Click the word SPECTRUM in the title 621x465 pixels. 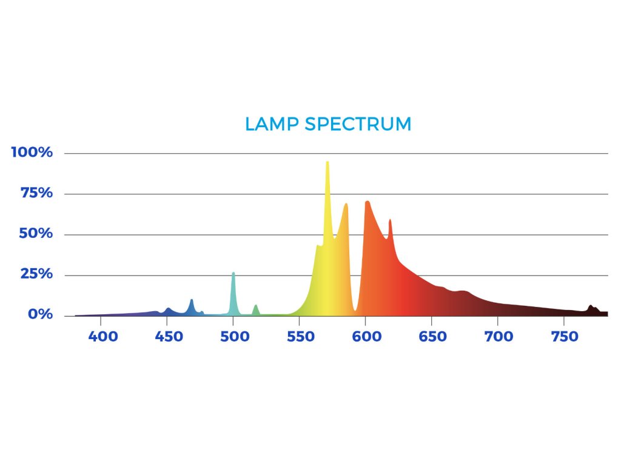click(358, 124)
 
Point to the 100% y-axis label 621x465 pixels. click(32, 152)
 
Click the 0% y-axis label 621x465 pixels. click(39, 315)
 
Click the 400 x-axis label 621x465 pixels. click(102, 337)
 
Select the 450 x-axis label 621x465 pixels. click(169, 337)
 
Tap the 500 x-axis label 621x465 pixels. click(234, 337)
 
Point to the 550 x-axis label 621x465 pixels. click(300, 337)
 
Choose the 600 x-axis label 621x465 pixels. click(366, 337)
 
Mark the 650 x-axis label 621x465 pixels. click(432, 337)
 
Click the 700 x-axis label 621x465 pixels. click(498, 337)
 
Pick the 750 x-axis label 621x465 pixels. click(564, 337)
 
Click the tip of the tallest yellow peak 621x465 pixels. click(327, 162)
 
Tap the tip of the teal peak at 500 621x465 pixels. click(233, 273)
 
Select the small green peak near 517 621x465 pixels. click(256, 306)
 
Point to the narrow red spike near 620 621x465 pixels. click(390, 220)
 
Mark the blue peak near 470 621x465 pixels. click(192, 300)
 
